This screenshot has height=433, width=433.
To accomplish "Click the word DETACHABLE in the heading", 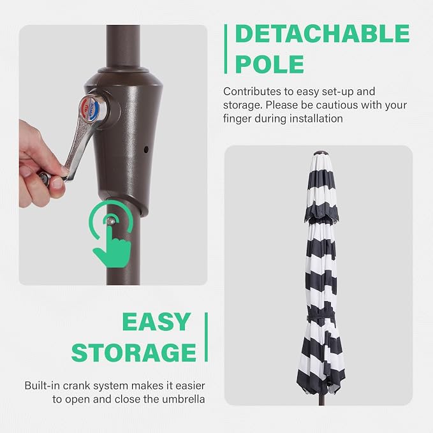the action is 323,33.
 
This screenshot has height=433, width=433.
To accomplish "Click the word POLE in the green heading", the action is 270,64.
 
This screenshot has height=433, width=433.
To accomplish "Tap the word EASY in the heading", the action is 157,321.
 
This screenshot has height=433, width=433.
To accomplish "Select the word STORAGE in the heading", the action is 134,352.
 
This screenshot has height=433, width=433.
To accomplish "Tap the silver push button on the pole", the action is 111,221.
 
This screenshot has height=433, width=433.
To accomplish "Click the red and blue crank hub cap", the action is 91,108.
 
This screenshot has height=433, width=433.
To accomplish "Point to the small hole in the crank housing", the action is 146,150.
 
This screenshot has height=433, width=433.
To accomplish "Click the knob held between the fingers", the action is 45,177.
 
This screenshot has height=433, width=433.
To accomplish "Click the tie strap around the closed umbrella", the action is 321,318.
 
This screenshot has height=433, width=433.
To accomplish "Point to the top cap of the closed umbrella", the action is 319,152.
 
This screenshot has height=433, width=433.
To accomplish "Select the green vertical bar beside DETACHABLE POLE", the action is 226,49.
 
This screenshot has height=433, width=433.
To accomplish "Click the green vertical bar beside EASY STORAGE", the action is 206,337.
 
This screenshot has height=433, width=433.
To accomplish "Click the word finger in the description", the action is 237,119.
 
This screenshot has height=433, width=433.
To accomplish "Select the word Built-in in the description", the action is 42,386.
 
